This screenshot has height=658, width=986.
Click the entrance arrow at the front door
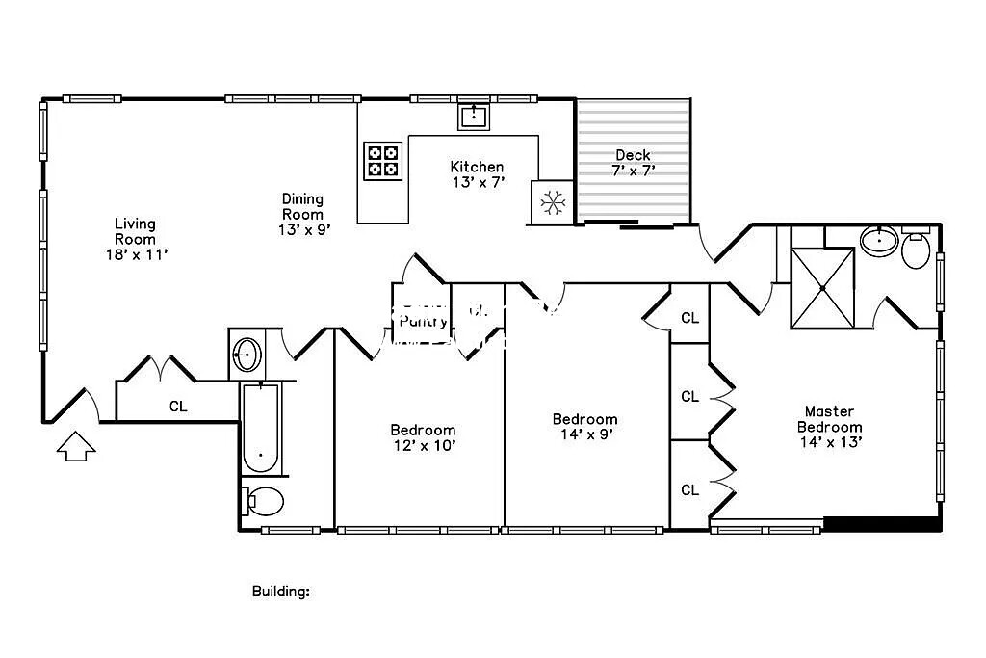77,446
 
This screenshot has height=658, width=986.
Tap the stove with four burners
382,161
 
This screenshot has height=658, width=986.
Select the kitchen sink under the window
473,117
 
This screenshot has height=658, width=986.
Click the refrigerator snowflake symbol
552,202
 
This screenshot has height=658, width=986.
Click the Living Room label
135,239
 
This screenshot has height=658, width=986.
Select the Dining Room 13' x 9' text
302,215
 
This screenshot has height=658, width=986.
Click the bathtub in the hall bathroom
261,429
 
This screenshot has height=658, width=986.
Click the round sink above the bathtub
247,355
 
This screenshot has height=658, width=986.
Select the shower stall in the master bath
822,287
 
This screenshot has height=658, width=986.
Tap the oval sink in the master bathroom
878,240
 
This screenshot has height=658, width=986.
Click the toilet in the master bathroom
917,250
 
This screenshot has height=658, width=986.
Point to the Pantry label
423,322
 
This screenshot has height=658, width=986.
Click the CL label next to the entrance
178,407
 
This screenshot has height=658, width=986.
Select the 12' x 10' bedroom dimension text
423,445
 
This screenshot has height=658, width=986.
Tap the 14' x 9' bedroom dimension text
584,434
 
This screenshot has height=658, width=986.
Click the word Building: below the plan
280,592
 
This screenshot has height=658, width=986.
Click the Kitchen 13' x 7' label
477,174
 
